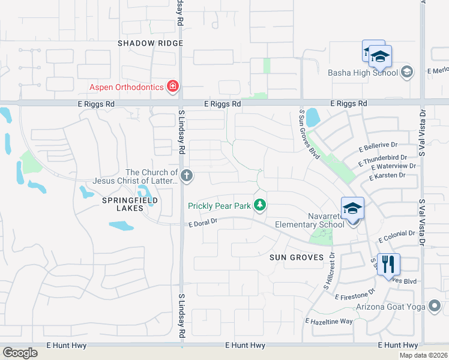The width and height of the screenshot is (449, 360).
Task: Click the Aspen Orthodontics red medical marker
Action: pos(173,87)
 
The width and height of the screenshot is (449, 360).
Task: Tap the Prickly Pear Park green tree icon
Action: pos(260,206)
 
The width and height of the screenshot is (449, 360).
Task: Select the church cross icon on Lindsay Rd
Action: pos(187,176)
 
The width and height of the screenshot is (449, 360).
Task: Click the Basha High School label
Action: pos(363,73)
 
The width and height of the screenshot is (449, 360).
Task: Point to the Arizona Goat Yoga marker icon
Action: pos(435,307)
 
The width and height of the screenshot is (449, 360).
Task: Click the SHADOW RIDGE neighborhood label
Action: pos(149,43)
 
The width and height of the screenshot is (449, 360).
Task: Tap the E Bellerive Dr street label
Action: pos(378,146)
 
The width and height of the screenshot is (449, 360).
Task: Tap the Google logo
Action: pos(20,353)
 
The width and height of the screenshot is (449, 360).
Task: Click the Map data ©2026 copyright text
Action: pos(424,355)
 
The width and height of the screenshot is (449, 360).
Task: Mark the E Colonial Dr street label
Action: pos(397,236)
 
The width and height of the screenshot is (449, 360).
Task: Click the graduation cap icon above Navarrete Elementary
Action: pos(353,208)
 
